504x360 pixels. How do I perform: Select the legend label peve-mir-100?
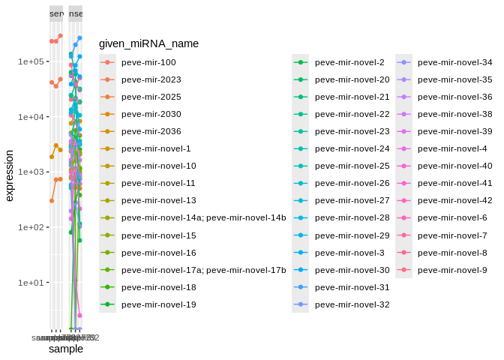click(x=148, y=62)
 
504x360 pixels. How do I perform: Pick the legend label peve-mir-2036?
click(x=151, y=131)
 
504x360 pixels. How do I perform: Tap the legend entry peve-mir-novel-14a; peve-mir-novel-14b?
click(x=203, y=217)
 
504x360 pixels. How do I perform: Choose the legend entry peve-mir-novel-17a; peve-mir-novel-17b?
click(x=203, y=270)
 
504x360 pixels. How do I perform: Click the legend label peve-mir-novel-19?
click(x=158, y=304)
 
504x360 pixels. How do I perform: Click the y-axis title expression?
click(x=10, y=175)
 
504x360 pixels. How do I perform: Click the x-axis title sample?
click(x=66, y=349)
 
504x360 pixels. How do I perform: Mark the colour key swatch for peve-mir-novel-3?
click(x=301, y=253)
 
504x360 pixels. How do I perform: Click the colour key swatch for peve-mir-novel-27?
click(x=301, y=200)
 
